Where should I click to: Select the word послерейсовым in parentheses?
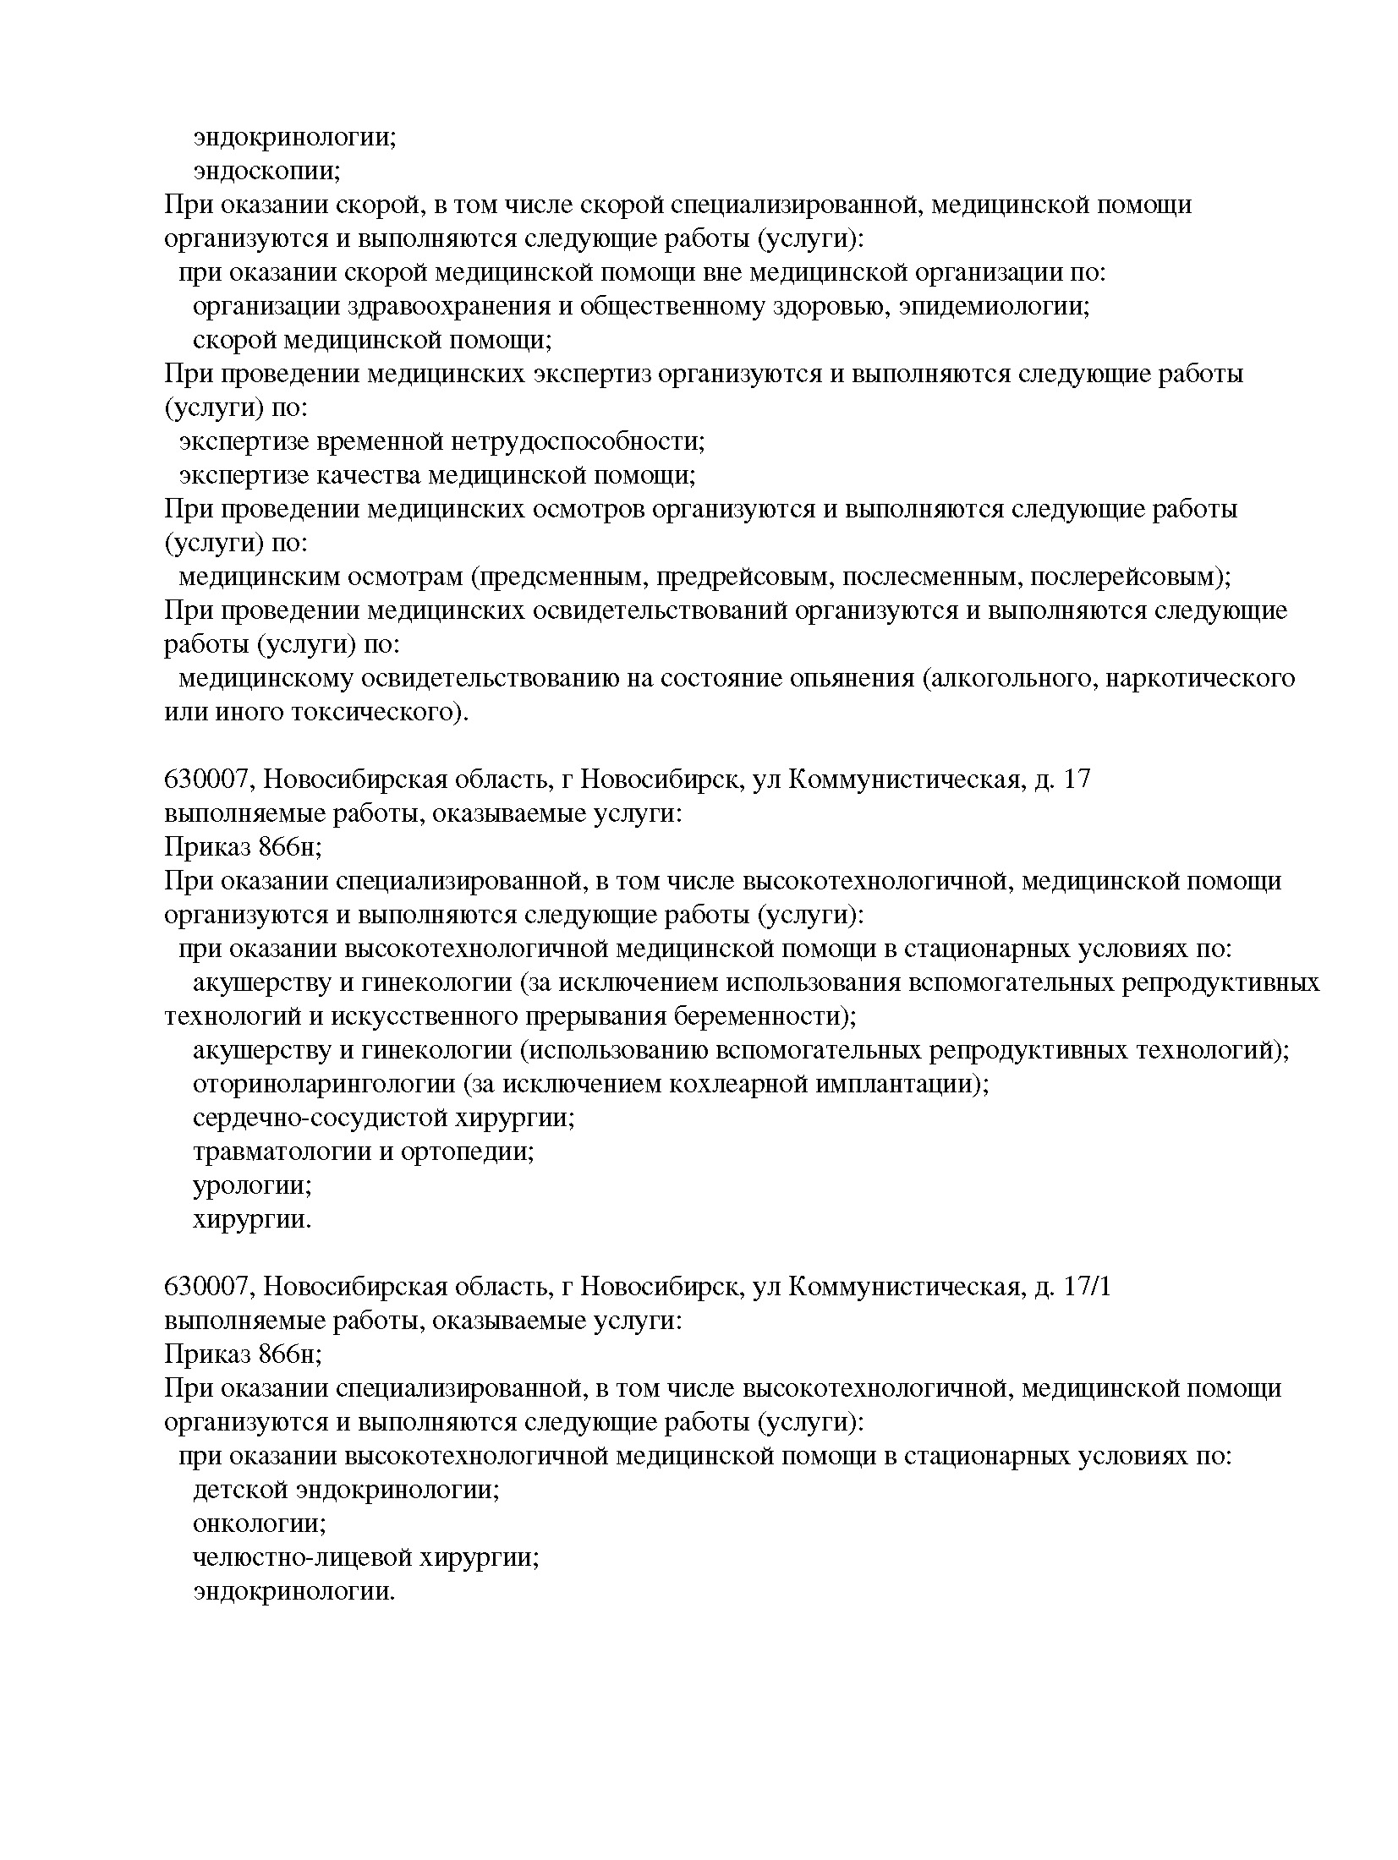1127,577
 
